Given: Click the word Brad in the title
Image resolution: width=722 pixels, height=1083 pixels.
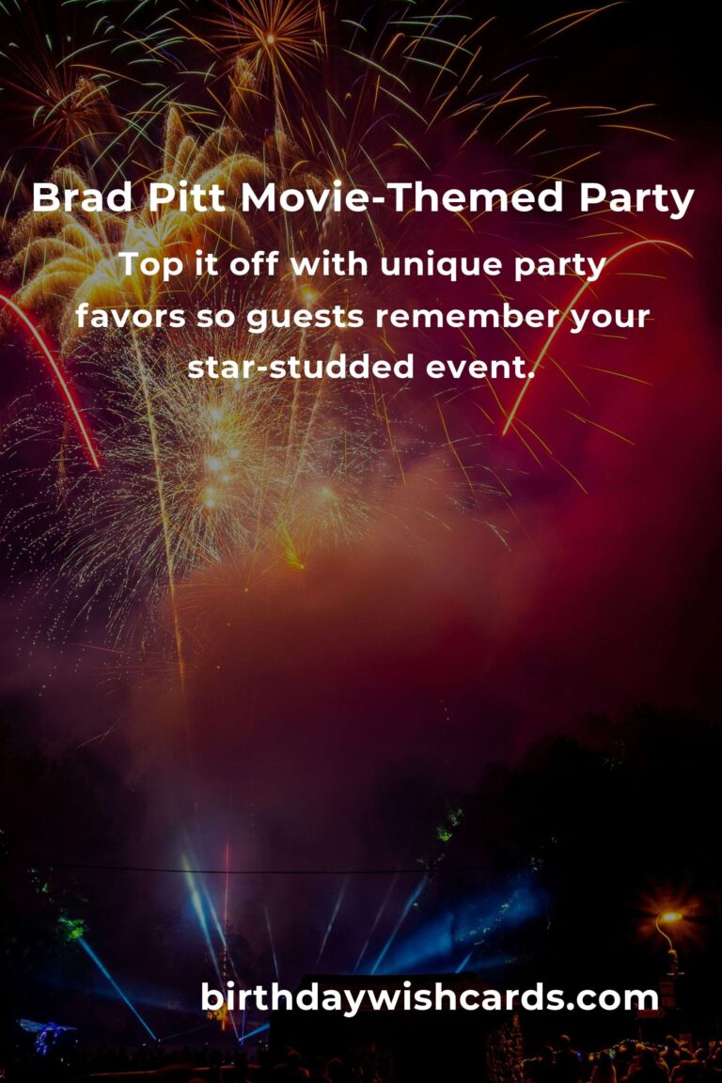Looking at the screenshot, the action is tap(82, 197).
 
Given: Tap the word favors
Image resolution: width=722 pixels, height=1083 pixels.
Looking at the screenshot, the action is tap(131, 316).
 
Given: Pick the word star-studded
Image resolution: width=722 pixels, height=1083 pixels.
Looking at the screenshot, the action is tap(301, 367).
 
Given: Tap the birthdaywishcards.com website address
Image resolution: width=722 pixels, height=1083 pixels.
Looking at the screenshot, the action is tap(430, 998).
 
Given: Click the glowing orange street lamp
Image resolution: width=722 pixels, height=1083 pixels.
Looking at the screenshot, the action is tap(668, 917).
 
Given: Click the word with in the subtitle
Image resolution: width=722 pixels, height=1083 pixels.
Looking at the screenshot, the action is tap(331, 264).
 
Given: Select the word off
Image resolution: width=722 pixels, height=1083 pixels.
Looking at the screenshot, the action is tap(255, 264).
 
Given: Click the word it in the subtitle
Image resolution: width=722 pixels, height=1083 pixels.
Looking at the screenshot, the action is tap(206, 264).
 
